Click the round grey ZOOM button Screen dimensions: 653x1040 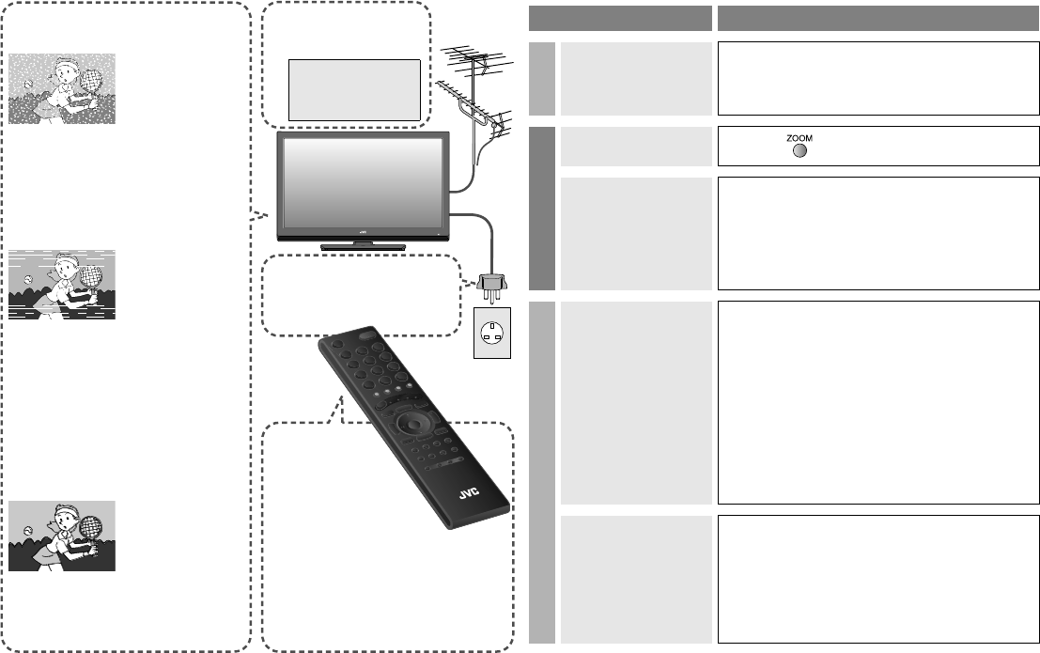pos(799,151)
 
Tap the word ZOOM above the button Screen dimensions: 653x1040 pos(799,138)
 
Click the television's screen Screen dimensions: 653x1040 pos(361,183)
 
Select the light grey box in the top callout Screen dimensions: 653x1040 pos(353,89)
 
